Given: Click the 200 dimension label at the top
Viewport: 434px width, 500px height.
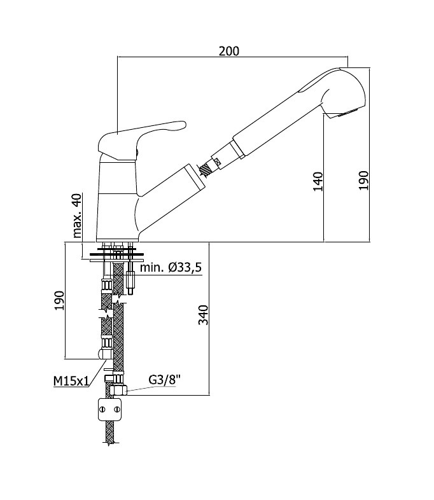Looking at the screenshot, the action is click(x=228, y=51).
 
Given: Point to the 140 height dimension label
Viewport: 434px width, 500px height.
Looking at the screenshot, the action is click(x=318, y=181).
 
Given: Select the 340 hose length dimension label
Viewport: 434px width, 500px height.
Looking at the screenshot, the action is click(x=203, y=315).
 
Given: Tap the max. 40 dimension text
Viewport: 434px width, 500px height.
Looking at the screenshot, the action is click(x=77, y=216).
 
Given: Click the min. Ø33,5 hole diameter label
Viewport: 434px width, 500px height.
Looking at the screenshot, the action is click(x=171, y=267).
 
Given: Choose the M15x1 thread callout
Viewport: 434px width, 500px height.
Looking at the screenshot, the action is click(x=71, y=381).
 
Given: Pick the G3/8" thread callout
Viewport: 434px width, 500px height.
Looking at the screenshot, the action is click(x=165, y=380).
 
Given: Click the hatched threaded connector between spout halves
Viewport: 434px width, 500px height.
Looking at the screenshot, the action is click(x=206, y=169).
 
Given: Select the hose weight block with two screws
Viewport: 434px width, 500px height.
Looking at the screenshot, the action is click(x=110, y=409).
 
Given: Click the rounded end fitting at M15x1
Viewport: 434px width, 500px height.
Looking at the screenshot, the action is click(x=105, y=354).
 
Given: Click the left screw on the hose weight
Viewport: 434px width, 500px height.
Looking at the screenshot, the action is click(x=103, y=409).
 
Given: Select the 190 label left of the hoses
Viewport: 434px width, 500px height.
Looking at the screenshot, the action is click(x=59, y=300).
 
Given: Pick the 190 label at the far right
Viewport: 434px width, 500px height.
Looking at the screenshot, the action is click(x=363, y=181).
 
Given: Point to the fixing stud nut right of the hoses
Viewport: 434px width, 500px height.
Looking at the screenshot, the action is click(x=130, y=279).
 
